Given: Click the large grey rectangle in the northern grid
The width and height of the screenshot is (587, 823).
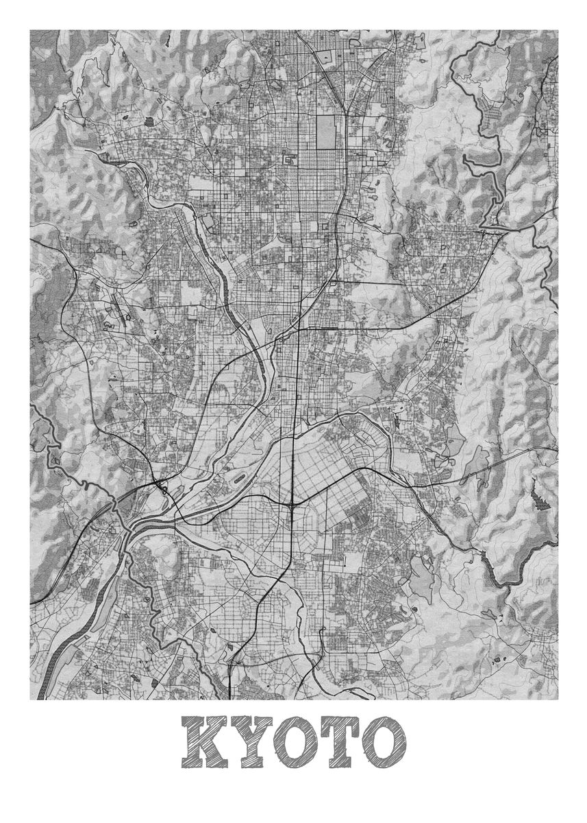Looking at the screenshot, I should click(326, 130).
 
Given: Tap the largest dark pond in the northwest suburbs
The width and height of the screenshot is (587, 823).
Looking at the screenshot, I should click(149, 121).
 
